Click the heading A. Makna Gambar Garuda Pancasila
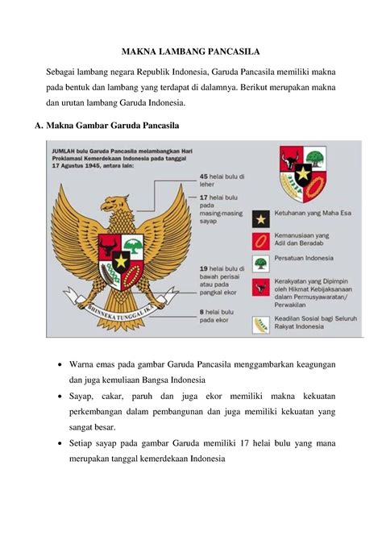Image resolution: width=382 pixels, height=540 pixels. click(x=114, y=127)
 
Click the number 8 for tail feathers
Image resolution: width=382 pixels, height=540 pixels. click(x=201, y=310)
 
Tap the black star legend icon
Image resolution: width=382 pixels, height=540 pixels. click(x=260, y=217)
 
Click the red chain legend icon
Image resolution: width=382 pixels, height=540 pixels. click(x=260, y=240)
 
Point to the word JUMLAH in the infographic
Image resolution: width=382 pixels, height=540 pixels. click(x=65, y=151)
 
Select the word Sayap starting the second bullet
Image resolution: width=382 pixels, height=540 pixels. click(x=83, y=397)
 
